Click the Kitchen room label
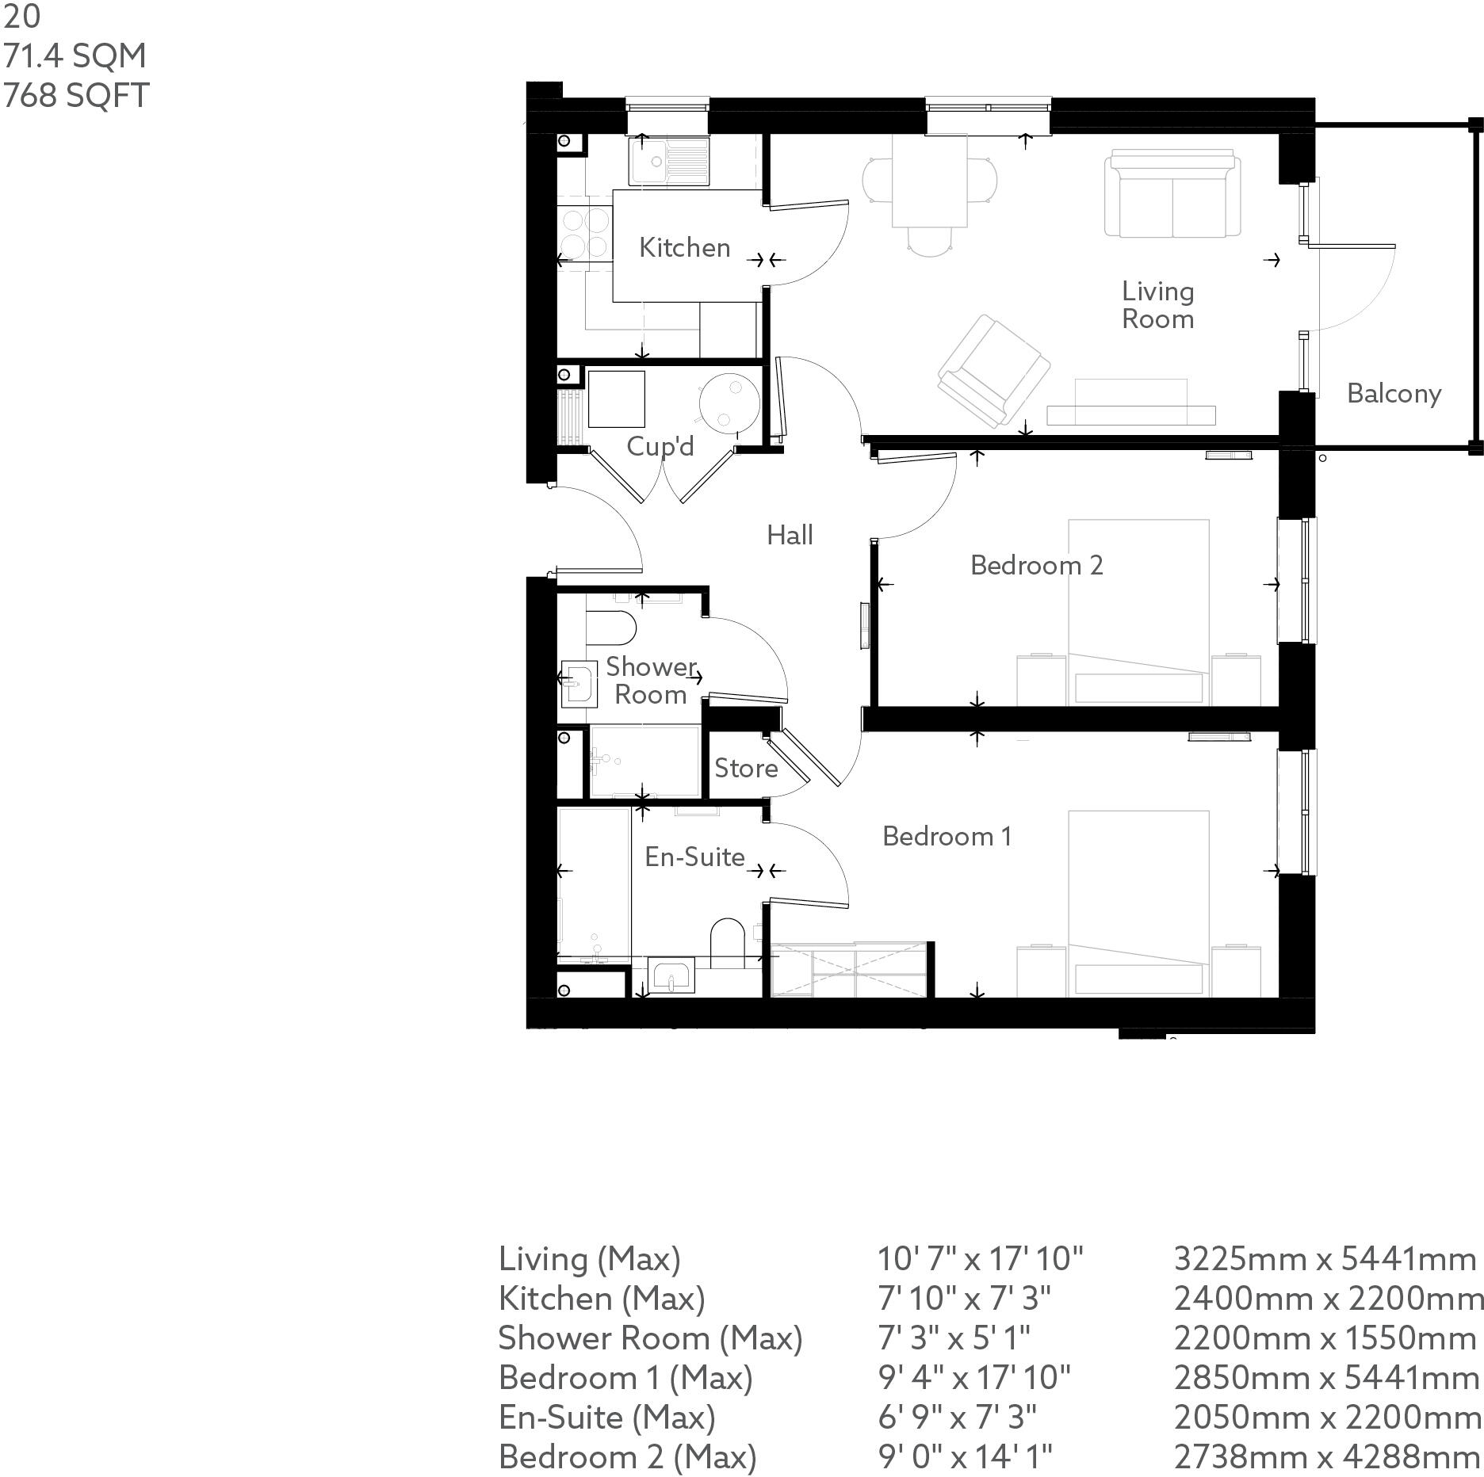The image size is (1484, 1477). tap(684, 248)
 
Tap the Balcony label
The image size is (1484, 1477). tap(1394, 394)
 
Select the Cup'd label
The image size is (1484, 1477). tap(660, 446)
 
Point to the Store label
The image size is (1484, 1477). tap(745, 768)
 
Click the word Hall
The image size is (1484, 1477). tap(790, 536)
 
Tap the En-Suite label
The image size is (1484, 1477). tap(694, 857)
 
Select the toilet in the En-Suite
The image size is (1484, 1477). tap(727, 941)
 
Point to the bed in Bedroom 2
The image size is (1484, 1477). tap(1138, 610)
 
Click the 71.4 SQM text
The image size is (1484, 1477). tap(75, 56)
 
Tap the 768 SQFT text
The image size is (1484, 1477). tap(76, 96)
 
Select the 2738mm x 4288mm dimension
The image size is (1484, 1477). tap(1326, 1456)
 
